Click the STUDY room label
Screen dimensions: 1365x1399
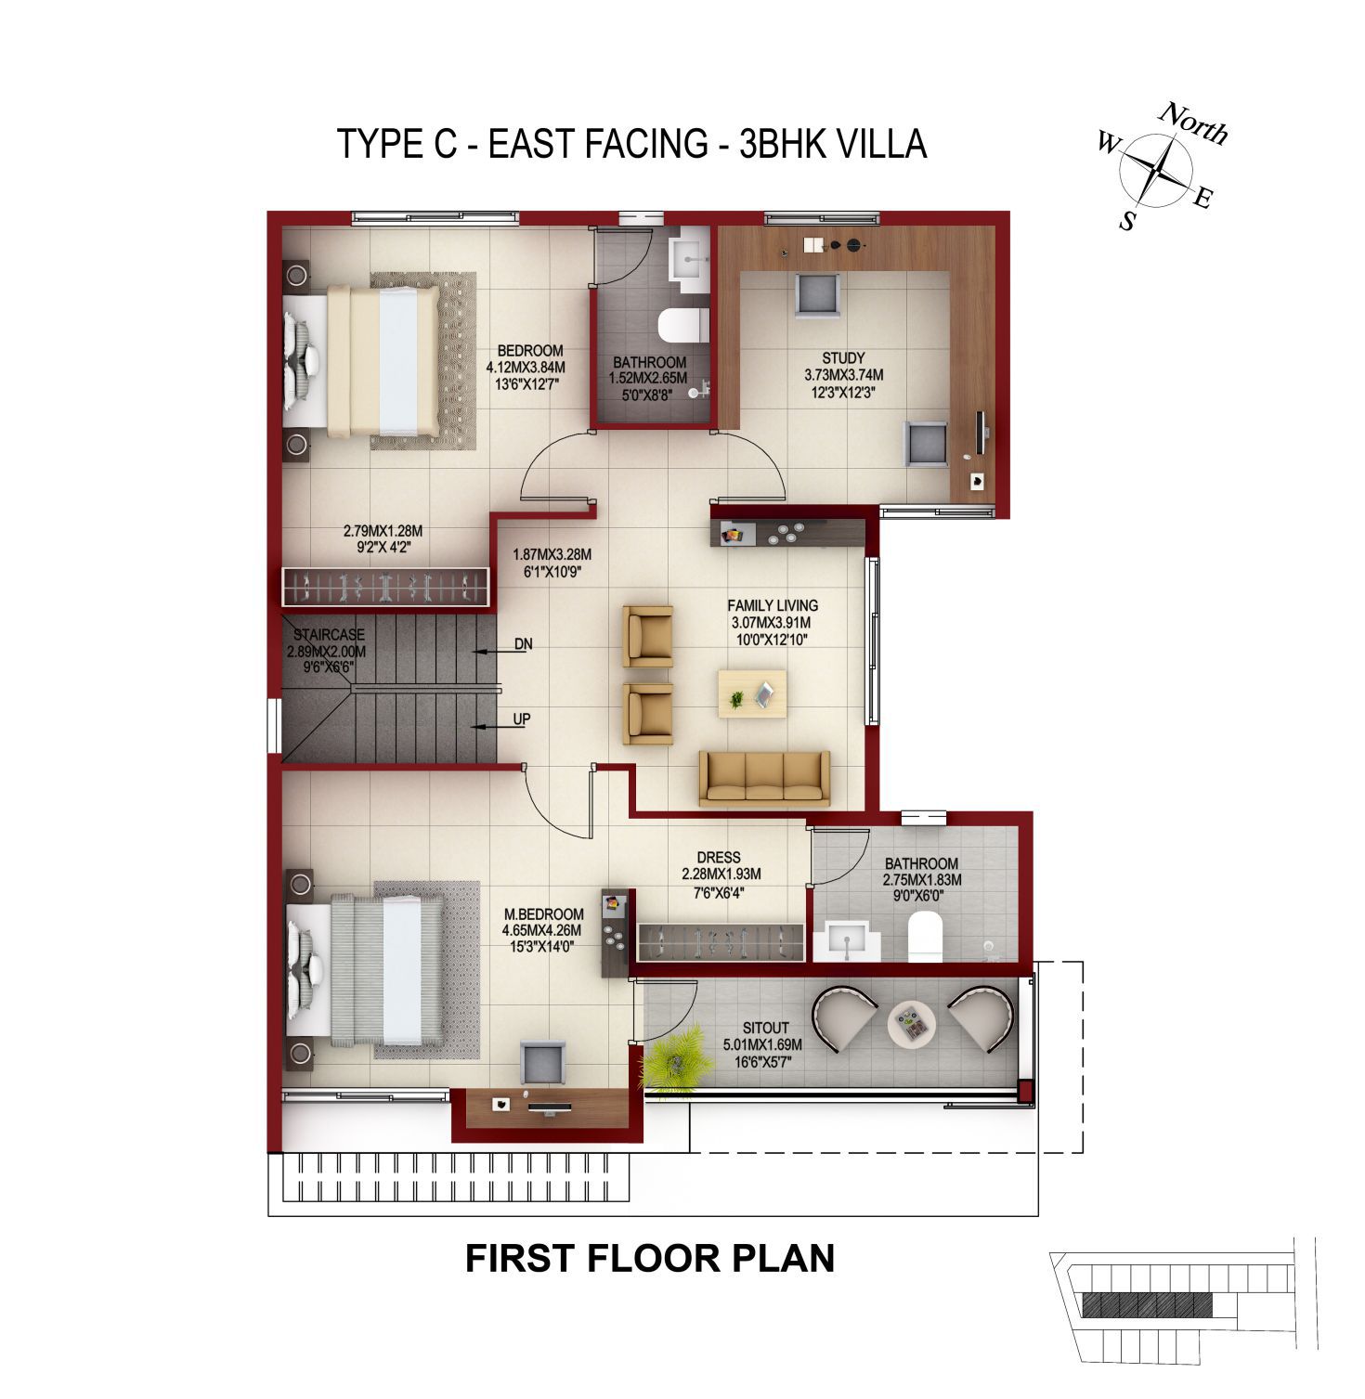843,358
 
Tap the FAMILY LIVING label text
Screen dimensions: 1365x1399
773,606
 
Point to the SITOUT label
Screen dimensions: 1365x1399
765,1029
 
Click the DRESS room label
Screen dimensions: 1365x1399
719,858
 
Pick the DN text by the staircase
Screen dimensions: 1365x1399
524,644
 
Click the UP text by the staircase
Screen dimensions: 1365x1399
522,719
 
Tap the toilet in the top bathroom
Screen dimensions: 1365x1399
683,326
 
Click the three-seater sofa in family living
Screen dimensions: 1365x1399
764,778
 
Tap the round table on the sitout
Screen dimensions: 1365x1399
910,1025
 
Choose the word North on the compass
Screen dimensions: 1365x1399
1194,123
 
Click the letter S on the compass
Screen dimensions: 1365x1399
1127,221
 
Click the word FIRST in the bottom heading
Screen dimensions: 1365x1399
521,1259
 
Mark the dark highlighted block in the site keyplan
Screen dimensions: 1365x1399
1148,1305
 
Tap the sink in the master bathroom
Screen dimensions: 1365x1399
848,939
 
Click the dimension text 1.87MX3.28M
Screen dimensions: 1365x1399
552,555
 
